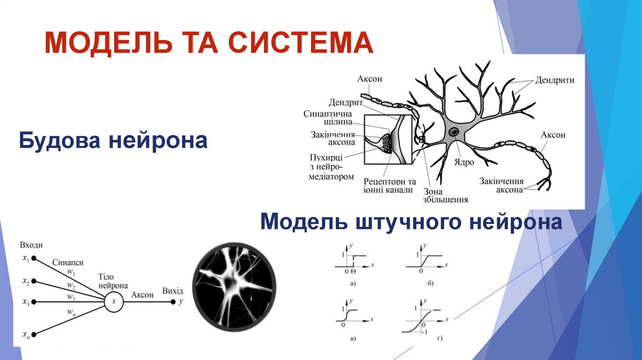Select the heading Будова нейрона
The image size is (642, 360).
(x=113, y=139)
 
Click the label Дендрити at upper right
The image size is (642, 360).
(x=555, y=81)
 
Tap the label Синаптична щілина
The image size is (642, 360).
(x=327, y=119)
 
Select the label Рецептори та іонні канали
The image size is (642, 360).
(x=389, y=185)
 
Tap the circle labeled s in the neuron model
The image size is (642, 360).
(x=114, y=302)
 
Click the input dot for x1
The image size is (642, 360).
(x=34, y=258)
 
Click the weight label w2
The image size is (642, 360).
(x=72, y=285)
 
